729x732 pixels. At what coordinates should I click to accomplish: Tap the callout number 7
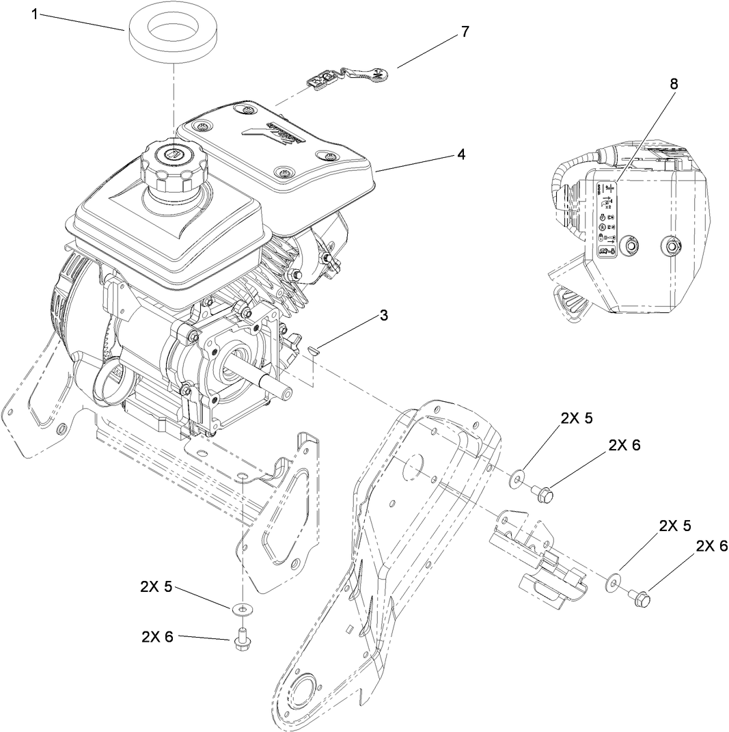point(465,32)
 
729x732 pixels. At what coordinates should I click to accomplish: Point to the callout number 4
point(461,154)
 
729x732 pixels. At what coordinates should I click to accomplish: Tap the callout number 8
point(674,84)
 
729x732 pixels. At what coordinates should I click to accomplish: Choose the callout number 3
point(384,315)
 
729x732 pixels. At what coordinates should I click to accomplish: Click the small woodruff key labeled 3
point(314,350)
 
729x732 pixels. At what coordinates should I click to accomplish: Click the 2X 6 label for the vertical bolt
point(158,636)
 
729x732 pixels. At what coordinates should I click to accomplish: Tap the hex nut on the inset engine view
point(672,245)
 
